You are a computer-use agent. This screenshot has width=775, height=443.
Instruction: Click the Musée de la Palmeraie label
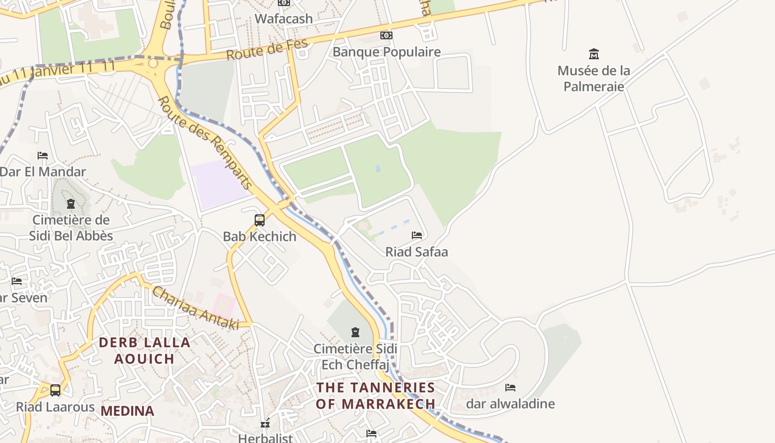point(593,79)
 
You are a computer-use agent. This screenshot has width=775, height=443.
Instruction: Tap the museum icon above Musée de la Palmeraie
point(594,54)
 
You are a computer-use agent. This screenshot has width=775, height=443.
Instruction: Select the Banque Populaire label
point(386,52)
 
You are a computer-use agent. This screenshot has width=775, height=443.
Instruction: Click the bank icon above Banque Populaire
point(386,35)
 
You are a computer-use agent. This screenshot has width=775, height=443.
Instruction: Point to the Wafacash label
point(283,18)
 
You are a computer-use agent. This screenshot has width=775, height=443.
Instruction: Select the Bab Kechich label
point(260,236)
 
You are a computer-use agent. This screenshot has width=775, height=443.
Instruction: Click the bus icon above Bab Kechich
point(260,220)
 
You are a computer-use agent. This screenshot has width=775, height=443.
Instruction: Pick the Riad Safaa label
point(416,252)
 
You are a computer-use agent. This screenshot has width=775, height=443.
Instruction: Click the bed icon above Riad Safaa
point(417,235)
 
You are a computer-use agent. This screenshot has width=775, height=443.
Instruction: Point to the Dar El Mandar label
point(43,172)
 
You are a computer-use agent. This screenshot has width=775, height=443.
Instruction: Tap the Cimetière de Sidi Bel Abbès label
point(71,228)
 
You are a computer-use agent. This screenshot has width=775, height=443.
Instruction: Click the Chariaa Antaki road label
point(195,308)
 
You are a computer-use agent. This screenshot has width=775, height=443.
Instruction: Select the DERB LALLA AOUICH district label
point(144,351)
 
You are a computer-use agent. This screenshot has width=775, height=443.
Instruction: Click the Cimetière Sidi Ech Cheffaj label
point(355,357)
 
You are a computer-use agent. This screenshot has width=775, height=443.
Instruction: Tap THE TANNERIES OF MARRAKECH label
point(375,395)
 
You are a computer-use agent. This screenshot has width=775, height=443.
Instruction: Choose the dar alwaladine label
point(510,404)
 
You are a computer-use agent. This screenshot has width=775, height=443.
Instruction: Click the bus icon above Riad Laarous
point(55,390)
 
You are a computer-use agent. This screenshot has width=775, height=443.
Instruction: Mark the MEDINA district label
point(127,411)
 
